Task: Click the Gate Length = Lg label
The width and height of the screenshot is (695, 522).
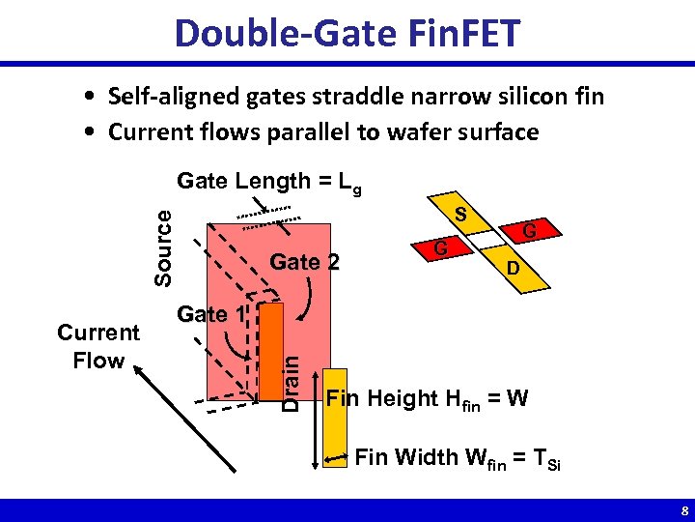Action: [x=269, y=182]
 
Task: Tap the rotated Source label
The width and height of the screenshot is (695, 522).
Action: [x=164, y=248]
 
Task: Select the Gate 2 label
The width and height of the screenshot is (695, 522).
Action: [x=304, y=262]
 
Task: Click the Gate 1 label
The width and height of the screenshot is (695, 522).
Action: [x=211, y=314]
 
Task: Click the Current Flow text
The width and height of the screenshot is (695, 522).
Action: [x=98, y=346]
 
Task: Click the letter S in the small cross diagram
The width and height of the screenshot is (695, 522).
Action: [x=462, y=215]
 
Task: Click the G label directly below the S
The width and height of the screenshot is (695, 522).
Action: [x=439, y=249]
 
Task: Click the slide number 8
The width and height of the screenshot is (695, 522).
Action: [x=683, y=510]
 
